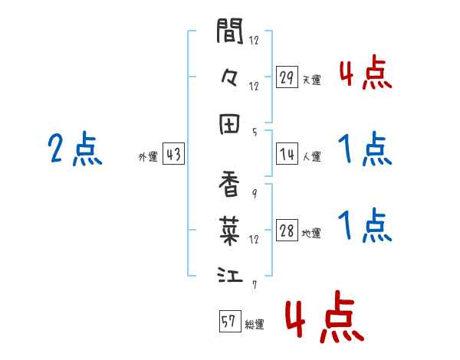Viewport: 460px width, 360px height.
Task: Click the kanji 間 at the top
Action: click(230, 32)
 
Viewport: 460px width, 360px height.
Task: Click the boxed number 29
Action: click(287, 77)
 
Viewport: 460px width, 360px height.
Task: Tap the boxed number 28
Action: click(287, 231)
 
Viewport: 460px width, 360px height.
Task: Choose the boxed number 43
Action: click(173, 155)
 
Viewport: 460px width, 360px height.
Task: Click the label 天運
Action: click(311, 80)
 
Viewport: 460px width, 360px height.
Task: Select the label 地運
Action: click(311, 234)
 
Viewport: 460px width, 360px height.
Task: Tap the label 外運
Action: click(148, 157)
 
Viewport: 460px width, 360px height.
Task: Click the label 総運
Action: click(255, 324)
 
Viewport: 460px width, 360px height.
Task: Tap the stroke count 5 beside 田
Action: click(255, 132)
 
